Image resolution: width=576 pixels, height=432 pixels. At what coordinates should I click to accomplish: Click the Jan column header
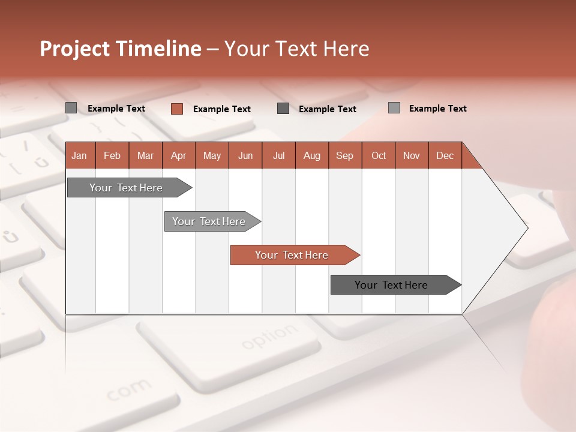tap(80, 155)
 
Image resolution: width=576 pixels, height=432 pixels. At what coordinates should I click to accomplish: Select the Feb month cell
tap(112, 155)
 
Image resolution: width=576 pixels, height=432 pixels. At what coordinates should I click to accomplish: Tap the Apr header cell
tap(179, 155)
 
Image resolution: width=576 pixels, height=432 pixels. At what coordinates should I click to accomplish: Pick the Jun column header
tap(245, 155)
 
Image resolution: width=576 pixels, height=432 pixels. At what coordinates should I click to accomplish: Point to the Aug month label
tap(312, 155)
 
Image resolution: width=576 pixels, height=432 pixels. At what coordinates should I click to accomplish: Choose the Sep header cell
tap(345, 155)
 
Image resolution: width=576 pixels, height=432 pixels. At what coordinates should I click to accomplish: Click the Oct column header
tap(379, 155)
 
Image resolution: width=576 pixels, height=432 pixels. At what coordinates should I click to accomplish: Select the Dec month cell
tap(445, 155)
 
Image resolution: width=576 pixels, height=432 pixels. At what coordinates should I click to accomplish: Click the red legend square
tap(176, 109)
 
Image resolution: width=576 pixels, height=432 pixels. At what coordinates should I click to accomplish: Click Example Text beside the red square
tap(222, 109)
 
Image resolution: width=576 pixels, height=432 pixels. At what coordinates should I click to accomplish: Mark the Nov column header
tap(412, 155)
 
